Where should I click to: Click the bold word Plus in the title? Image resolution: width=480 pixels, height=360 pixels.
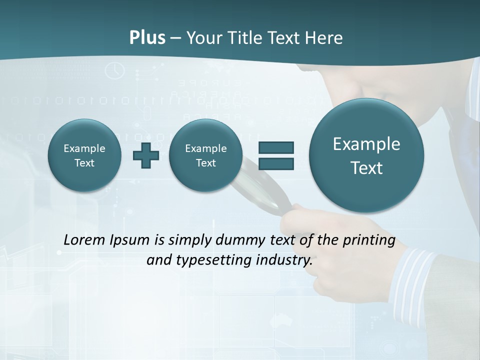click(147, 38)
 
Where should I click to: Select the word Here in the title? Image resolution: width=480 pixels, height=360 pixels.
click(324, 38)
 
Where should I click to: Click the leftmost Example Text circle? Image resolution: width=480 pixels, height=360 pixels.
click(84, 155)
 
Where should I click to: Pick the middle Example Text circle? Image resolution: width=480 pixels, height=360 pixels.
click(205, 155)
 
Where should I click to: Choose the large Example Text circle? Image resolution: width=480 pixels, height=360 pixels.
click(366, 155)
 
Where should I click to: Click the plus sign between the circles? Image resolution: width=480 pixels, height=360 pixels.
click(146, 155)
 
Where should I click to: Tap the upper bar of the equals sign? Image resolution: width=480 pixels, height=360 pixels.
click(276, 147)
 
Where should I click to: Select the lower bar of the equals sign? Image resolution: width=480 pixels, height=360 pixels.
click(276, 163)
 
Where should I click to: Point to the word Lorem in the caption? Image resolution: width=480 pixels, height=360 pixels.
click(85, 240)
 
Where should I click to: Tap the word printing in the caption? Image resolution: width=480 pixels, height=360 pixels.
click(368, 240)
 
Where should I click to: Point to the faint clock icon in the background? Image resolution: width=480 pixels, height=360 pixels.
click(115, 70)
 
